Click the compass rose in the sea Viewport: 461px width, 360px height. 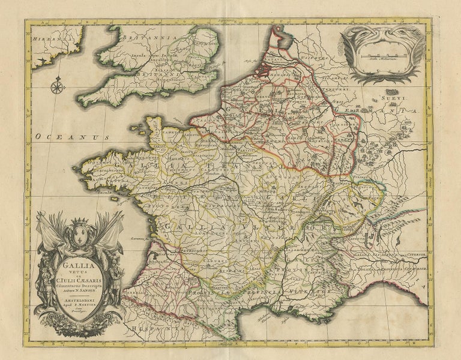[58, 87]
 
